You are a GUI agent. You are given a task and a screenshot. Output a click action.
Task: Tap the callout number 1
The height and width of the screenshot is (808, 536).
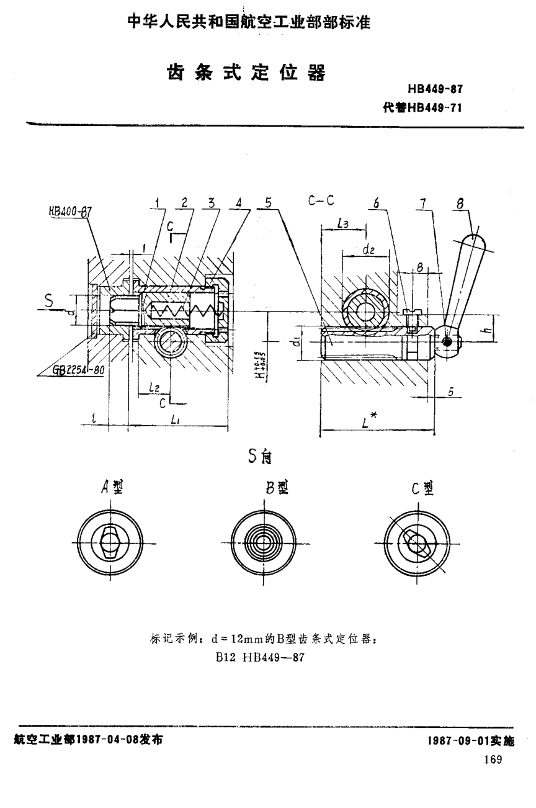point(158,202)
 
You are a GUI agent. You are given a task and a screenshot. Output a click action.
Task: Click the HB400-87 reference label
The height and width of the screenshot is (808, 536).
point(70,210)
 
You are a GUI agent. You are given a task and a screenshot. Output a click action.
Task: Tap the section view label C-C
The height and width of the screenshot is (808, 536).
point(321,200)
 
